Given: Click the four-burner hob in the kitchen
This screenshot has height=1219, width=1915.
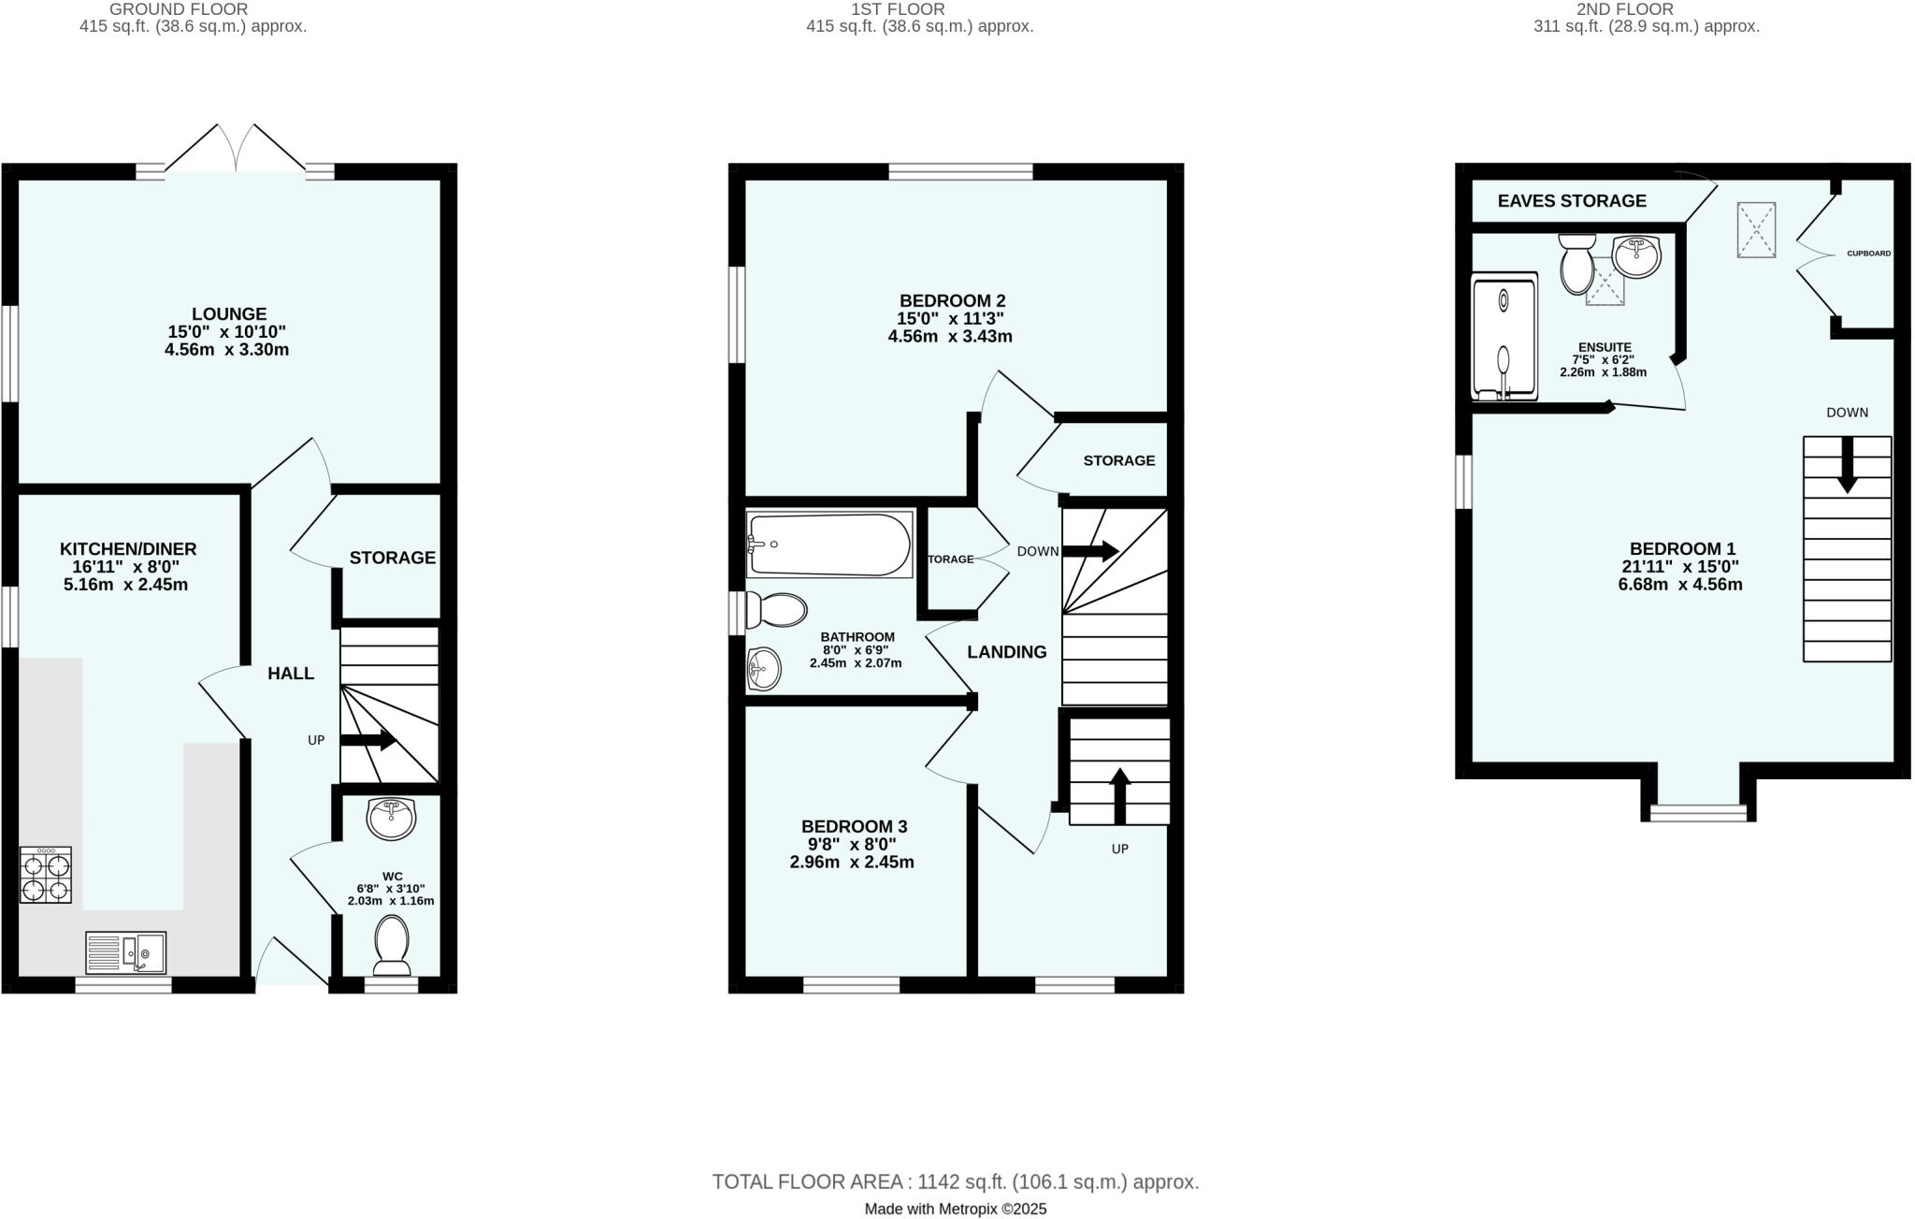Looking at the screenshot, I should [46, 875].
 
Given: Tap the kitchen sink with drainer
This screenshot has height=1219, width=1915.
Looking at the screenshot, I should [125, 952].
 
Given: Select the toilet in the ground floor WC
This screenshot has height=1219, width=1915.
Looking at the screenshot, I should [392, 945].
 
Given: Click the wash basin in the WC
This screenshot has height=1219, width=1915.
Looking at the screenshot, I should [392, 820].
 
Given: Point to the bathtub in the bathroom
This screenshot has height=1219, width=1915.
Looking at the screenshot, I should [829, 544].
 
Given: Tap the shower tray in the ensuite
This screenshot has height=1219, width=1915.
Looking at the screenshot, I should [1504, 337].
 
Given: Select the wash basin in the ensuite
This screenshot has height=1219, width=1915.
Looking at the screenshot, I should [1636, 255].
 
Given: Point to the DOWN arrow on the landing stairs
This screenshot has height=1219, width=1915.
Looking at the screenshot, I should [1090, 551].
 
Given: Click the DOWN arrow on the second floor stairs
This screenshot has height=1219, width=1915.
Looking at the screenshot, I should [1847, 466].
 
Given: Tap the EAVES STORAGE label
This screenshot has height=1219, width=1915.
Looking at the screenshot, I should [1572, 200].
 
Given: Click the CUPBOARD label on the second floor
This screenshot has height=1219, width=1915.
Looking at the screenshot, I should [1868, 254].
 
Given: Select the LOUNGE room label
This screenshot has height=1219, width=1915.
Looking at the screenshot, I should [229, 314].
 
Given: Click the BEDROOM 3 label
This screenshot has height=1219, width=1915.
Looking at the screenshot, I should [854, 826].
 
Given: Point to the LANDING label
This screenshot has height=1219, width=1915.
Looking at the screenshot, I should [1006, 652].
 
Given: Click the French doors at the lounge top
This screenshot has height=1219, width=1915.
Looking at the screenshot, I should [236, 150].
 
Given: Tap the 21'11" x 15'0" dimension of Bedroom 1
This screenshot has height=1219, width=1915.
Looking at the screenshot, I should [1680, 566].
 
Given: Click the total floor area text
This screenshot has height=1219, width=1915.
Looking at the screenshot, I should [956, 1182].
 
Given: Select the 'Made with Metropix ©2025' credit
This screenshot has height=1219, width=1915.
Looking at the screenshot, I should [956, 1209].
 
